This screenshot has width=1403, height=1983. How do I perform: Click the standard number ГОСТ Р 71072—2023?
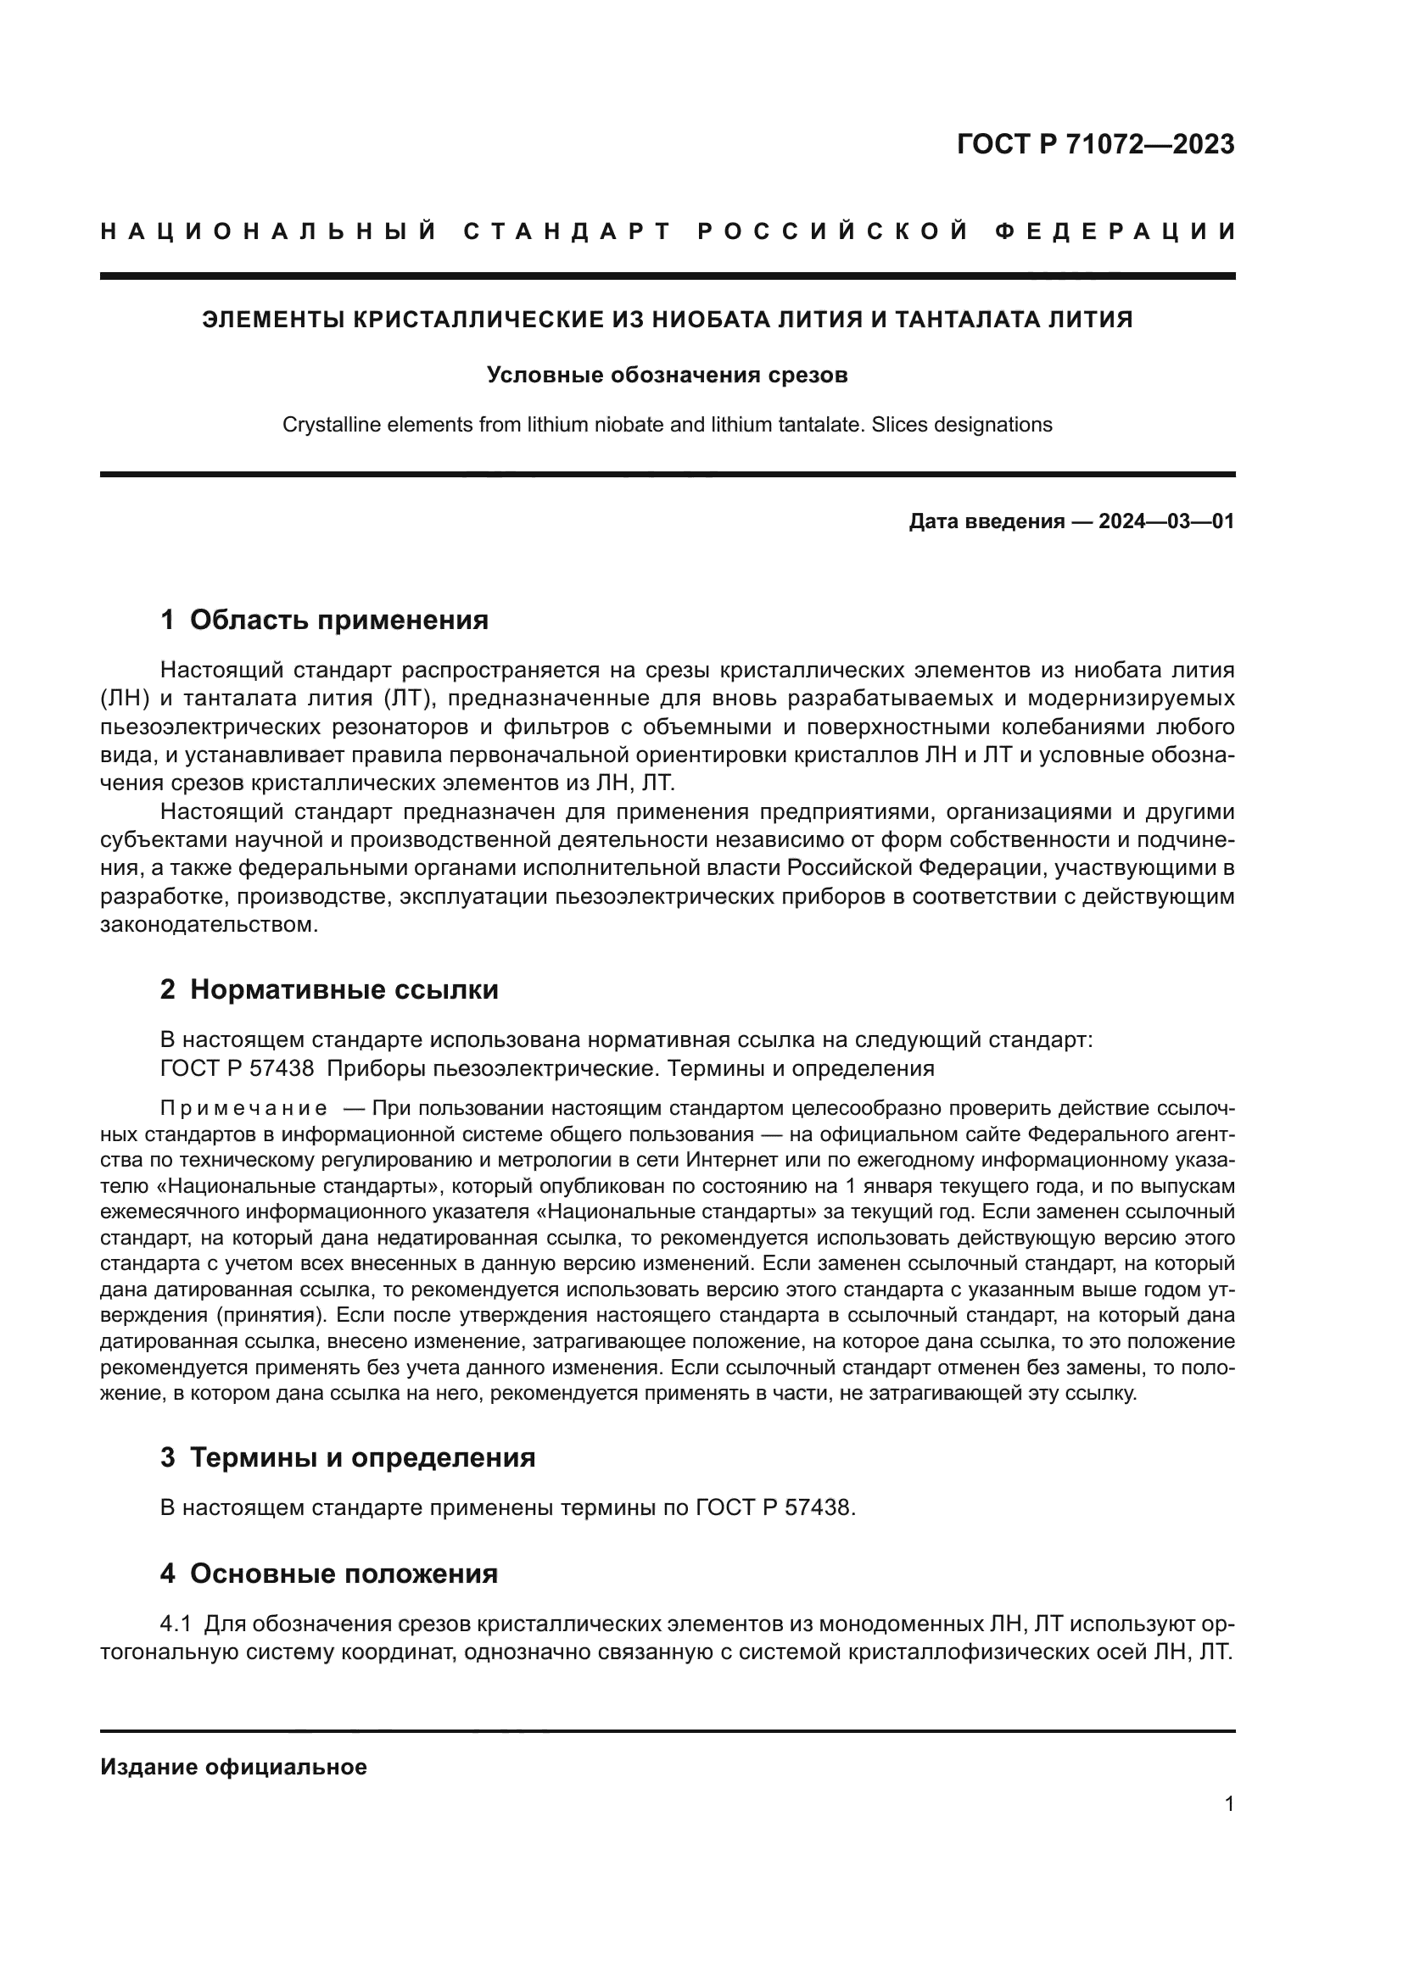coord(1094,145)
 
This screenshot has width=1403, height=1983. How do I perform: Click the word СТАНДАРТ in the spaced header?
coord(567,231)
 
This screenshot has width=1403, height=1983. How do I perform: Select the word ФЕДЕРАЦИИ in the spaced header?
coord(1115,231)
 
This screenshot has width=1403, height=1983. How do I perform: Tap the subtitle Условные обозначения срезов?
coord(667,375)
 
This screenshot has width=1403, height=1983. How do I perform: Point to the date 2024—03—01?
coord(1166,521)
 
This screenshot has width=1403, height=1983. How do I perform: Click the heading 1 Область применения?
coord(325,619)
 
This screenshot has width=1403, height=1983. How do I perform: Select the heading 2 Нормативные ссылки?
coord(329,989)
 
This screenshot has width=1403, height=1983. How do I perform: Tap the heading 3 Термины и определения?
coord(347,1457)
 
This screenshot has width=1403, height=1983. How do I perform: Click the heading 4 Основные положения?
coord(329,1573)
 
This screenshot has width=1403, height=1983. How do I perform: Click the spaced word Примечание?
coord(243,1108)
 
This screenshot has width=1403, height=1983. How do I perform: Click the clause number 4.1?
coord(176,1624)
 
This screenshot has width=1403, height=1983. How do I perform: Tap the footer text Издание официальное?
coord(233,1767)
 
